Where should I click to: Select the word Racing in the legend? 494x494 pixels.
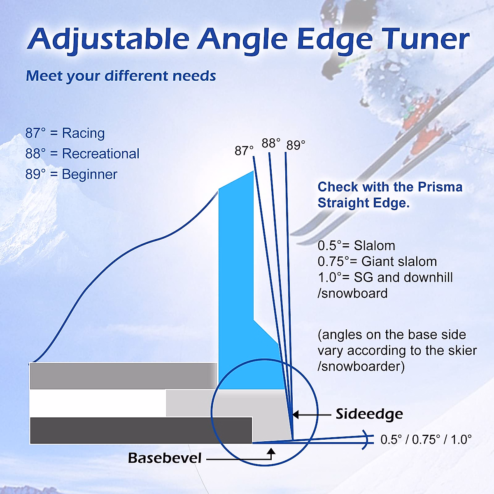tap(83, 133)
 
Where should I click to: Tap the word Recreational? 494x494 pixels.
tap(100, 154)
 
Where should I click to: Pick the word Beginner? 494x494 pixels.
tap(89, 174)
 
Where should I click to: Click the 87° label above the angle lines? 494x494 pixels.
tap(244, 151)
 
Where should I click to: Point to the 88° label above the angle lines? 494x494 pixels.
tap(271, 143)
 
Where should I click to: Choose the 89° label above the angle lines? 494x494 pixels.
tap(296, 145)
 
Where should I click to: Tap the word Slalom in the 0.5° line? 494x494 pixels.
tap(374, 246)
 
